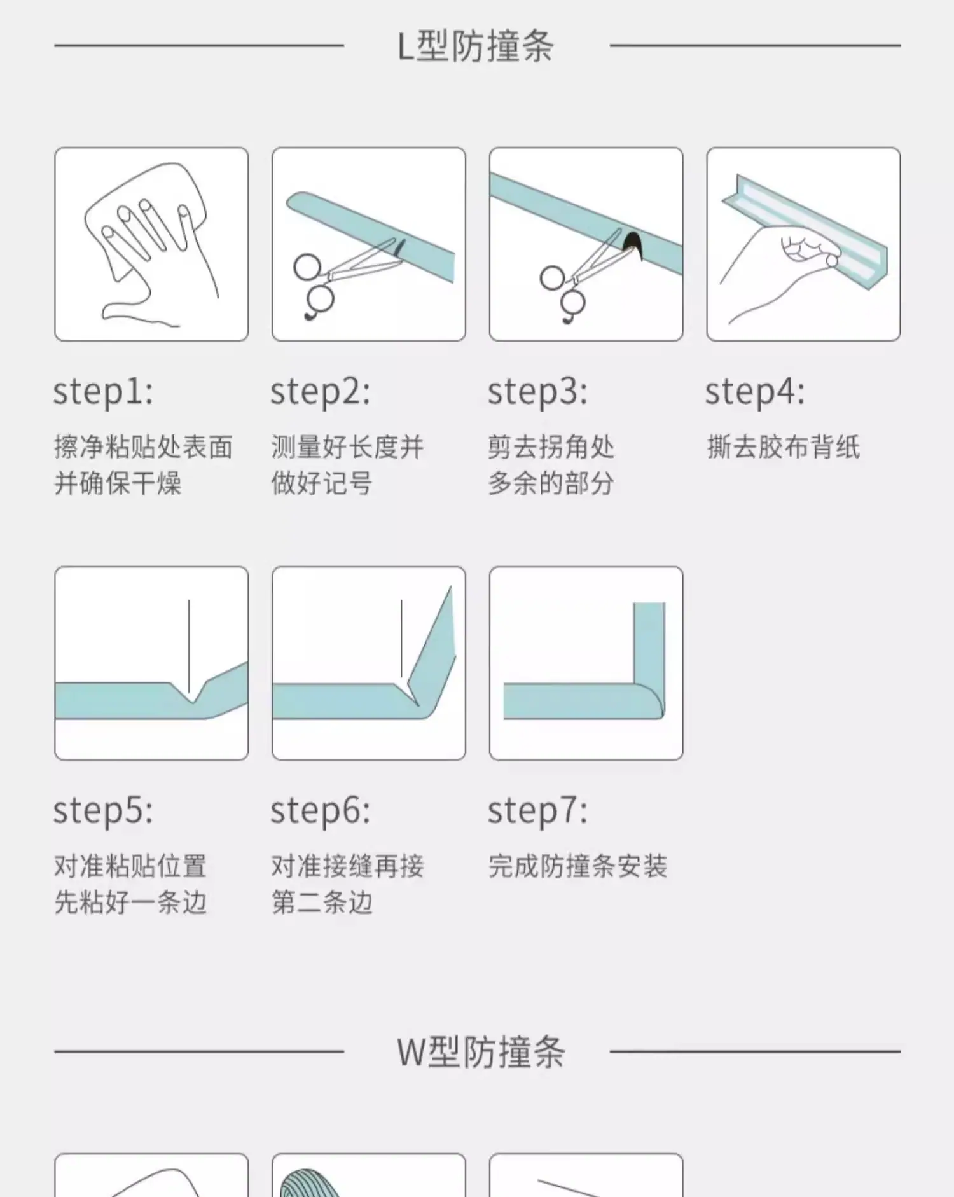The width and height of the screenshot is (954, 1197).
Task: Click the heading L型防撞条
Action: (x=476, y=46)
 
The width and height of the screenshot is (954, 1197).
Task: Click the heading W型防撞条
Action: (x=481, y=1051)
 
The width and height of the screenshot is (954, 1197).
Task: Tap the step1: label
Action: (x=103, y=391)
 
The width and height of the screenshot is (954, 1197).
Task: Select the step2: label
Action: (x=321, y=391)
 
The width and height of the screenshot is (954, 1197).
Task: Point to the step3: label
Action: (x=538, y=391)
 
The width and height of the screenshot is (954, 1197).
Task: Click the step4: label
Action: (x=755, y=391)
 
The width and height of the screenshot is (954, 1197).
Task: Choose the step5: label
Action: (x=103, y=810)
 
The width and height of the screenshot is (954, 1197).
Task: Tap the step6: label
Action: (x=321, y=810)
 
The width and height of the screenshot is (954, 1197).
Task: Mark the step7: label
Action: (x=538, y=810)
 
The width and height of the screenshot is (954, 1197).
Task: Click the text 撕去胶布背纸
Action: (x=783, y=446)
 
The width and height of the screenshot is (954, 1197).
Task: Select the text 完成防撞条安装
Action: (x=577, y=866)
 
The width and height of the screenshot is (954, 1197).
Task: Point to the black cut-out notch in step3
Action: (x=633, y=245)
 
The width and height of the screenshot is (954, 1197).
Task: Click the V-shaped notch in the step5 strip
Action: (x=191, y=692)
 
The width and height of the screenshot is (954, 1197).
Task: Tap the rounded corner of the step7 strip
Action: (x=649, y=701)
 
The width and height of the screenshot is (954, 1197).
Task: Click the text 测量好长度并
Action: (x=347, y=446)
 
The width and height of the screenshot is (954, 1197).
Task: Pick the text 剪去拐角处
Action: (x=551, y=446)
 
